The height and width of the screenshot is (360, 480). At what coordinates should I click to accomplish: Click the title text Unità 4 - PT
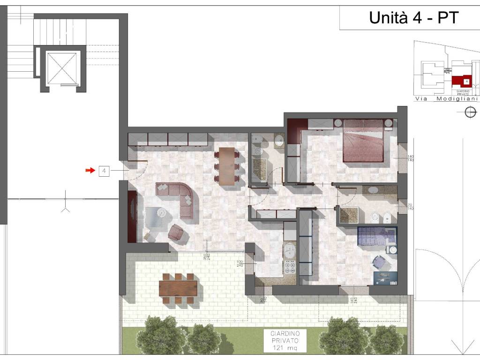413,18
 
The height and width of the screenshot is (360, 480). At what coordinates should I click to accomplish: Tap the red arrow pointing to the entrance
90,171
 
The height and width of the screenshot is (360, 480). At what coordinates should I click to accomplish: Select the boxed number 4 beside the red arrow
104,171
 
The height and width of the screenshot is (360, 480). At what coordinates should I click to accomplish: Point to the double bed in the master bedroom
363,141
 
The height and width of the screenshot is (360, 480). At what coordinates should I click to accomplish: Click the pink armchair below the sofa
177,232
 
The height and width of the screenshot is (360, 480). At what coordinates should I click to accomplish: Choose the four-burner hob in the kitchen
290,267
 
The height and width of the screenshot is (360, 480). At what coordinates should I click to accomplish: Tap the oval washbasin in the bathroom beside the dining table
278,140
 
